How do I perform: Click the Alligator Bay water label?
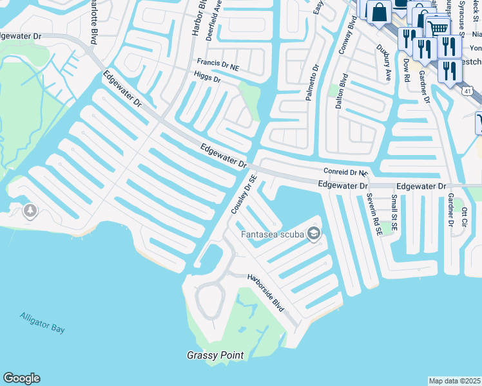pyautogui.click(x=43, y=323)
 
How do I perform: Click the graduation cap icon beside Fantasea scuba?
pyautogui.click(x=314, y=234)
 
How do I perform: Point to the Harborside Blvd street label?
pyautogui.click(x=265, y=293)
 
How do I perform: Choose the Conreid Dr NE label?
pyautogui.click(x=345, y=172)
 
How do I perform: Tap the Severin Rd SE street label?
pyautogui.click(x=371, y=212)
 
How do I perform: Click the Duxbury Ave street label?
pyautogui.click(x=385, y=62)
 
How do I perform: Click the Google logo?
pyautogui.click(x=21, y=378)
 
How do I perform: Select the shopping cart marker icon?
pyautogui.click(x=438, y=27)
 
